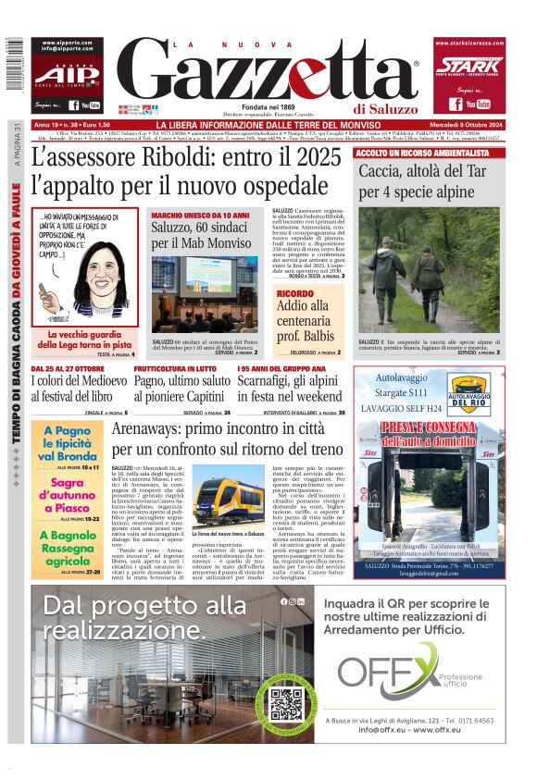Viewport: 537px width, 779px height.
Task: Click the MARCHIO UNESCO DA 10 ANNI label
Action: (200, 215)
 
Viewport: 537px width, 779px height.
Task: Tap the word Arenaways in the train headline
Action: (158, 431)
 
